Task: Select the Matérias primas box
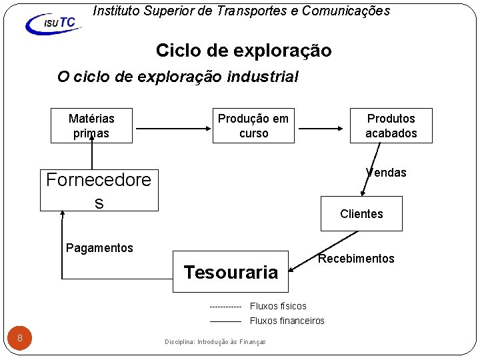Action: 92,125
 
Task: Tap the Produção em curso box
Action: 253,125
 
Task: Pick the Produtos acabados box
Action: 391,125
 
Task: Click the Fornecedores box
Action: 99,190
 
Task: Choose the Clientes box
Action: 361,213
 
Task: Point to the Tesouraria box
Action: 231,272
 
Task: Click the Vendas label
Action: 386,173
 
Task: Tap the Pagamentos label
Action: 99,248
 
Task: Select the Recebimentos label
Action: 356,259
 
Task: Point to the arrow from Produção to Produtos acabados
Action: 321,125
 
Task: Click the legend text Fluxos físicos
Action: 278,306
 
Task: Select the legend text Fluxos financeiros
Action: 287,321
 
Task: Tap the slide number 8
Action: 20,338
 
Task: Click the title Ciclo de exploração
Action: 243,51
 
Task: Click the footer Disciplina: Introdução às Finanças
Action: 215,342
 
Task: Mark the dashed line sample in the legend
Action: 225,307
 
